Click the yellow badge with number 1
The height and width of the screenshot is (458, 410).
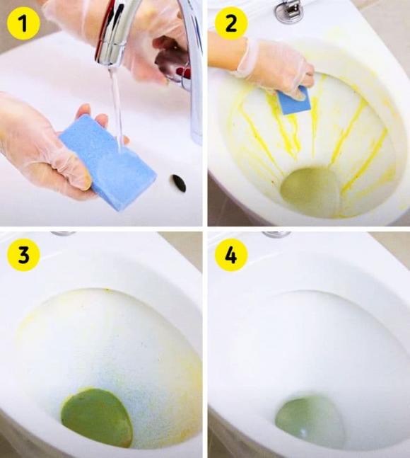(x=23, y=25)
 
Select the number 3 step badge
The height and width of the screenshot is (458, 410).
(x=23, y=256)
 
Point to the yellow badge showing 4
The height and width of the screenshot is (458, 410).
(x=231, y=256)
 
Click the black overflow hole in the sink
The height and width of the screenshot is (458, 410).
(x=179, y=183)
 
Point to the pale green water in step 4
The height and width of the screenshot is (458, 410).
(x=310, y=420)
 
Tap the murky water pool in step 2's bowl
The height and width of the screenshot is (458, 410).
(x=311, y=190)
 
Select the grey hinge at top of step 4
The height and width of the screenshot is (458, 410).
(x=275, y=234)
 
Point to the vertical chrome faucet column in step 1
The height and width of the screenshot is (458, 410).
(x=192, y=71)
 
